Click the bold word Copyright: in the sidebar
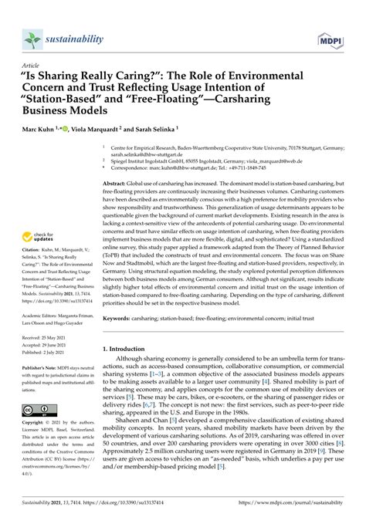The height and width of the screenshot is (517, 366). tap(35, 427)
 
